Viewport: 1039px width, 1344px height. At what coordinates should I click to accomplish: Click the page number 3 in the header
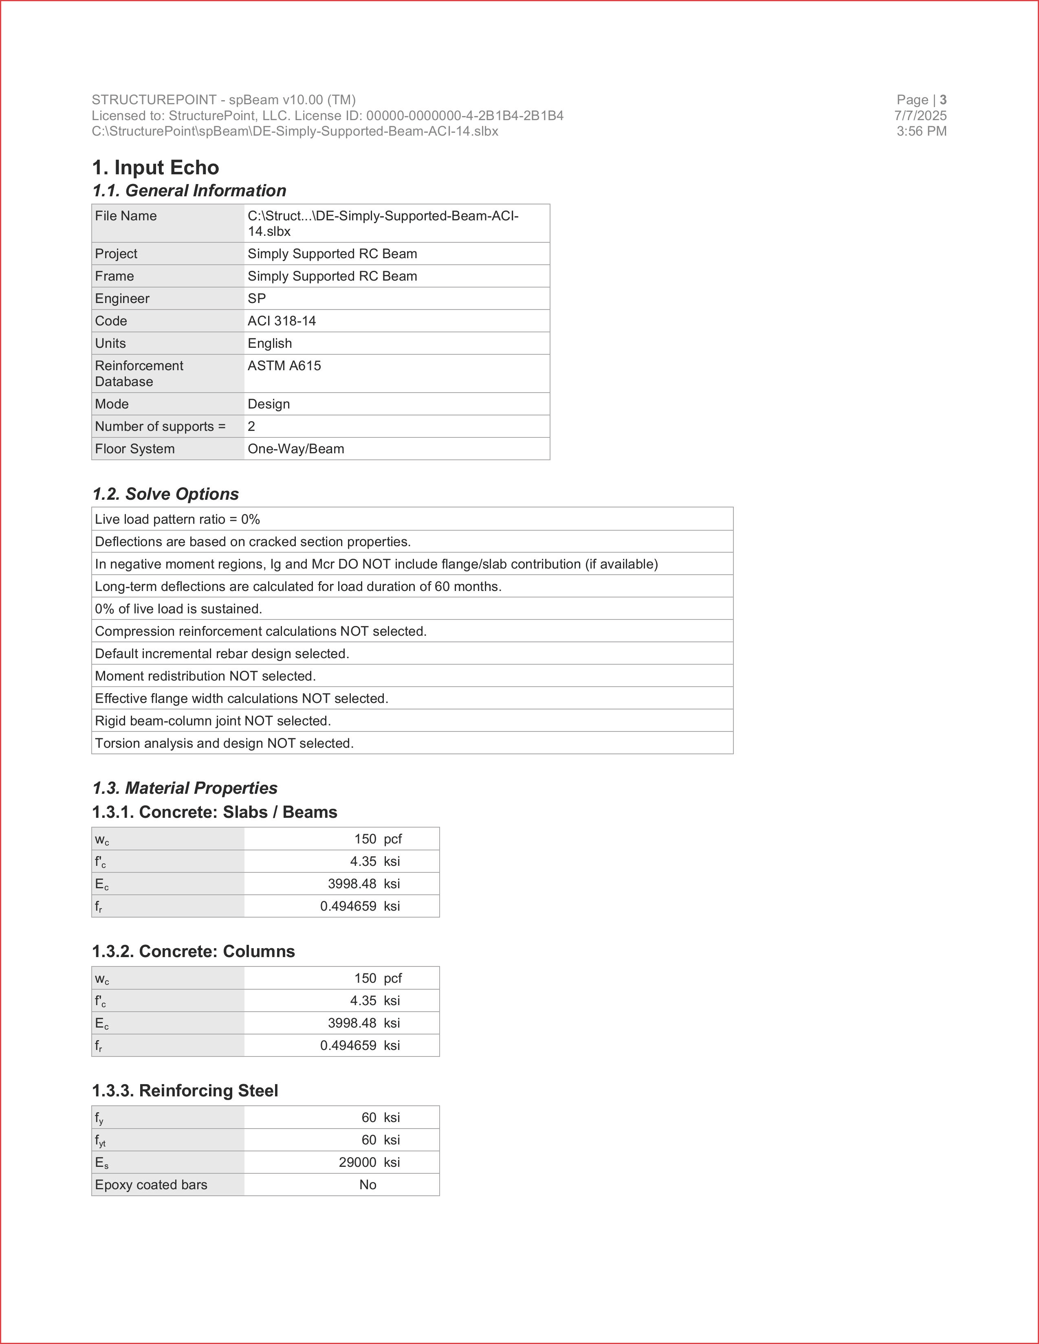(x=943, y=100)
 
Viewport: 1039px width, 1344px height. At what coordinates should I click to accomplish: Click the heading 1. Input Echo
(x=155, y=167)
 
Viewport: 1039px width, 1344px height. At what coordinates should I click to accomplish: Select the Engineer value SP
(x=257, y=299)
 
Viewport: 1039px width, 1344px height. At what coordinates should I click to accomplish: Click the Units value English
(x=270, y=343)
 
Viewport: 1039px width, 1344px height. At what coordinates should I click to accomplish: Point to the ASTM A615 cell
(x=284, y=366)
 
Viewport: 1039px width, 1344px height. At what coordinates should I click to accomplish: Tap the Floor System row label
(x=135, y=449)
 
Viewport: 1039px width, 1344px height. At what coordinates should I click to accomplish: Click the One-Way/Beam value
(x=295, y=449)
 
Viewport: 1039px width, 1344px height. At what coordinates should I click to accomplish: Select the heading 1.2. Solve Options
(x=165, y=494)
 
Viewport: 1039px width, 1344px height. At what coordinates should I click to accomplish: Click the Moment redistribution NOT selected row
(x=205, y=676)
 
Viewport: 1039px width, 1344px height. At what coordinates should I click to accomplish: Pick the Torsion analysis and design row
(x=224, y=743)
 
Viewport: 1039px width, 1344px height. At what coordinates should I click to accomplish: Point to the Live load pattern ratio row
(x=177, y=519)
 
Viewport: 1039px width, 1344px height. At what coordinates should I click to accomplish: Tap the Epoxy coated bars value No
(x=368, y=1185)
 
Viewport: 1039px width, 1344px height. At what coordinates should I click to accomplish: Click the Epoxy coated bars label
(x=151, y=1185)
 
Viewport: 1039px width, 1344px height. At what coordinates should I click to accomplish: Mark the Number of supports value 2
(x=251, y=426)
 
